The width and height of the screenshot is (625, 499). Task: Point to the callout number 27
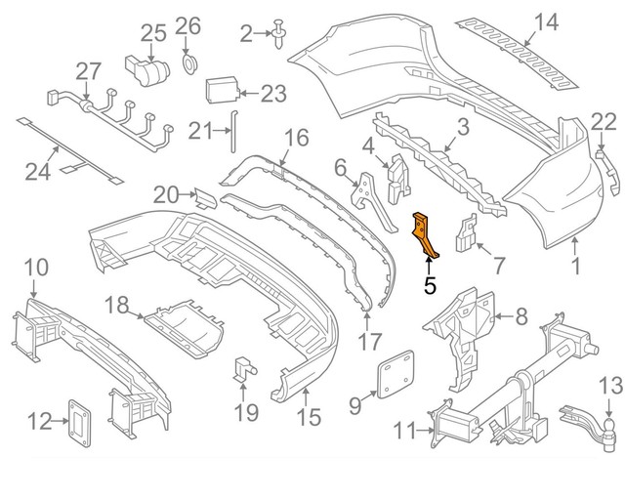pos(89,70)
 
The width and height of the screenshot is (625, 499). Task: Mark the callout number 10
pos(34,267)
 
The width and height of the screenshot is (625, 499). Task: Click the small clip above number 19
pos(242,369)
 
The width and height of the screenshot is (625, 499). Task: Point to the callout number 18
pos(117,306)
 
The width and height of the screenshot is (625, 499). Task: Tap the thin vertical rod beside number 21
pos(232,132)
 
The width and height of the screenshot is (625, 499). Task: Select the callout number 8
pos(521,315)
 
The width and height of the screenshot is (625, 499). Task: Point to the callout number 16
pos(296,137)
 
